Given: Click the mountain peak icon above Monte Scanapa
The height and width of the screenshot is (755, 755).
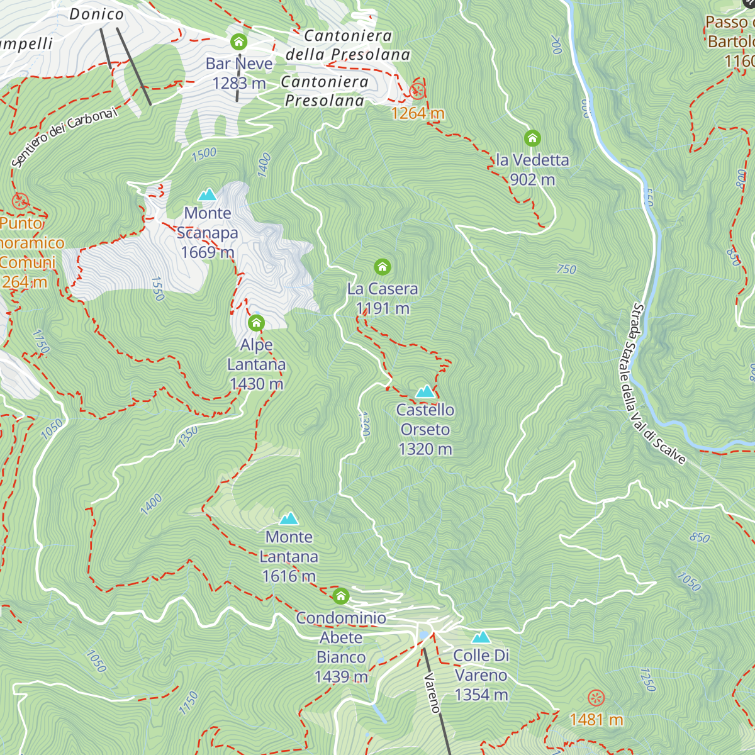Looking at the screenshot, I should pos(207,194).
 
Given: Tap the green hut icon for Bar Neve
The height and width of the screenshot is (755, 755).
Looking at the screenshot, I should pos(238,42).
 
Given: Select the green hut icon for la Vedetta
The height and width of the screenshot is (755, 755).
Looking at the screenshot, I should pos(532,138).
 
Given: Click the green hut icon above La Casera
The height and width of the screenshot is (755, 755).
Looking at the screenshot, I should pos(383,267).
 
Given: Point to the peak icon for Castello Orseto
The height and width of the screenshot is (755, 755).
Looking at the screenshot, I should pos(425,392).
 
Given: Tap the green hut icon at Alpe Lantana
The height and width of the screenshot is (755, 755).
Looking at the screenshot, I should pos(256,323).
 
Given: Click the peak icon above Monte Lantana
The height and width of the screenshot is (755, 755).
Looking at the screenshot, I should pos(289,518).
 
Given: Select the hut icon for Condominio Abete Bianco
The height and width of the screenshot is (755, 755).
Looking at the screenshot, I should pos(340,595).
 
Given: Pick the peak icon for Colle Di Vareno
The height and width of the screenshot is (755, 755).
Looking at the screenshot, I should pos(481,637).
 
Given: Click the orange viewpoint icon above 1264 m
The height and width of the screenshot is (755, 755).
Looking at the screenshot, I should pos(417,91).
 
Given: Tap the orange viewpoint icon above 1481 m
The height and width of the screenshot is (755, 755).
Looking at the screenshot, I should pos(596,698).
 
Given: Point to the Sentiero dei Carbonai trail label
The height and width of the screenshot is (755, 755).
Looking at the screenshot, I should pos(64,137).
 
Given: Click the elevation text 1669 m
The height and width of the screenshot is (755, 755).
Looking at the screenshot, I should pos(207,252).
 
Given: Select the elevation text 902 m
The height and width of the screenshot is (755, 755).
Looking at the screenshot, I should pos(532,180).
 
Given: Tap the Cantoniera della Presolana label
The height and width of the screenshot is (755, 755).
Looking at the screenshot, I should pos(348,45).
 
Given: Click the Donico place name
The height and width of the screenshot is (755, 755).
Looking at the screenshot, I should pos(96,14).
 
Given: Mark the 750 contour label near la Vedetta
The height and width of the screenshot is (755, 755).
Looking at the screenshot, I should pos(566,269).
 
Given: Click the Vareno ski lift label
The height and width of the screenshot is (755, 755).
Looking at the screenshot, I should pos(432,693).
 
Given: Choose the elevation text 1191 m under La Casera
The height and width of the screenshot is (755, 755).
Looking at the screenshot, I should pos(383,308).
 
